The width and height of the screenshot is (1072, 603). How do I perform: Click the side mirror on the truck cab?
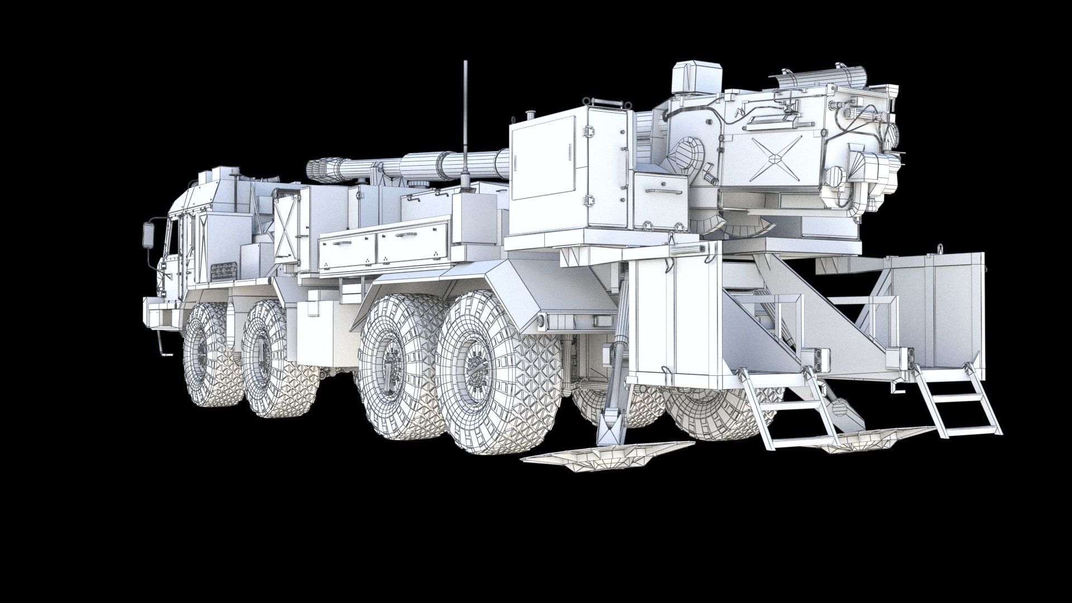click(x=150, y=234)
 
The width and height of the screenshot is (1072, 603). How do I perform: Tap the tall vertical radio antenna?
click(x=465, y=123)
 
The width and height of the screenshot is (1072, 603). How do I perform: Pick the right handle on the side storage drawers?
click(x=406, y=236)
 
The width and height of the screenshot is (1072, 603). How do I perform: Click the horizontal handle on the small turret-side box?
click(x=663, y=191)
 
